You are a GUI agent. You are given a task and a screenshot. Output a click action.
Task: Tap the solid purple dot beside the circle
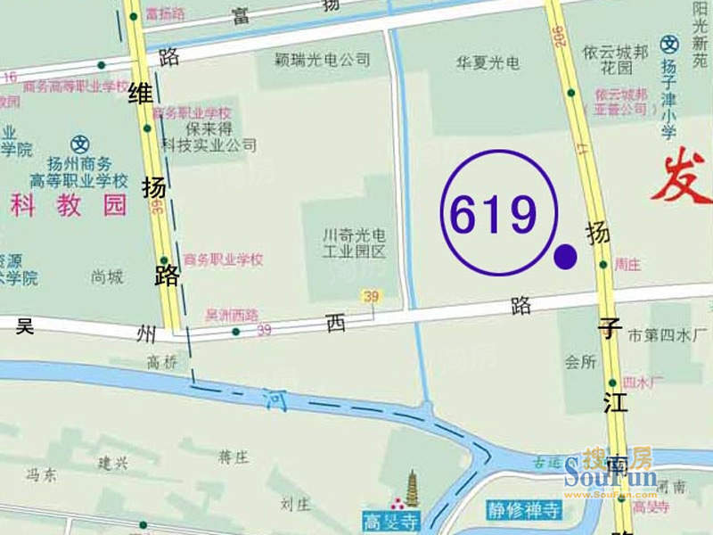[x=565, y=257]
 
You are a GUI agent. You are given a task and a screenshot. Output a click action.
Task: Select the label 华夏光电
[x=488, y=64]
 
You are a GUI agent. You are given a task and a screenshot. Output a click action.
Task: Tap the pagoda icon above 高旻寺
[x=413, y=490]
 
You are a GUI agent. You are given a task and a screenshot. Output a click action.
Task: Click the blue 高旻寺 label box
[x=389, y=518]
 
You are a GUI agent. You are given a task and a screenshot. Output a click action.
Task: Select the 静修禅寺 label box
[x=523, y=511]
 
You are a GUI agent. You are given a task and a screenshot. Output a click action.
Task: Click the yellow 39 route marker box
[x=369, y=295]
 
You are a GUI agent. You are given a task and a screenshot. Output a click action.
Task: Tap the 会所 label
[x=579, y=363]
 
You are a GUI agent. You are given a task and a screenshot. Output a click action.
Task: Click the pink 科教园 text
[x=69, y=206]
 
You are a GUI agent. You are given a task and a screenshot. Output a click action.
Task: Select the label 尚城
[x=107, y=277]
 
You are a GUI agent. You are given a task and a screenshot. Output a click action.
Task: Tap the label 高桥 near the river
[x=163, y=361]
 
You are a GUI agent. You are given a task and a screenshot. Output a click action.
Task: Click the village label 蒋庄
[x=234, y=457]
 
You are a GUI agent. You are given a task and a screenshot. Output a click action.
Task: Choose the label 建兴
[x=113, y=463]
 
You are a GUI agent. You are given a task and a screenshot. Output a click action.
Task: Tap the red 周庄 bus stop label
[x=628, y=264]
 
